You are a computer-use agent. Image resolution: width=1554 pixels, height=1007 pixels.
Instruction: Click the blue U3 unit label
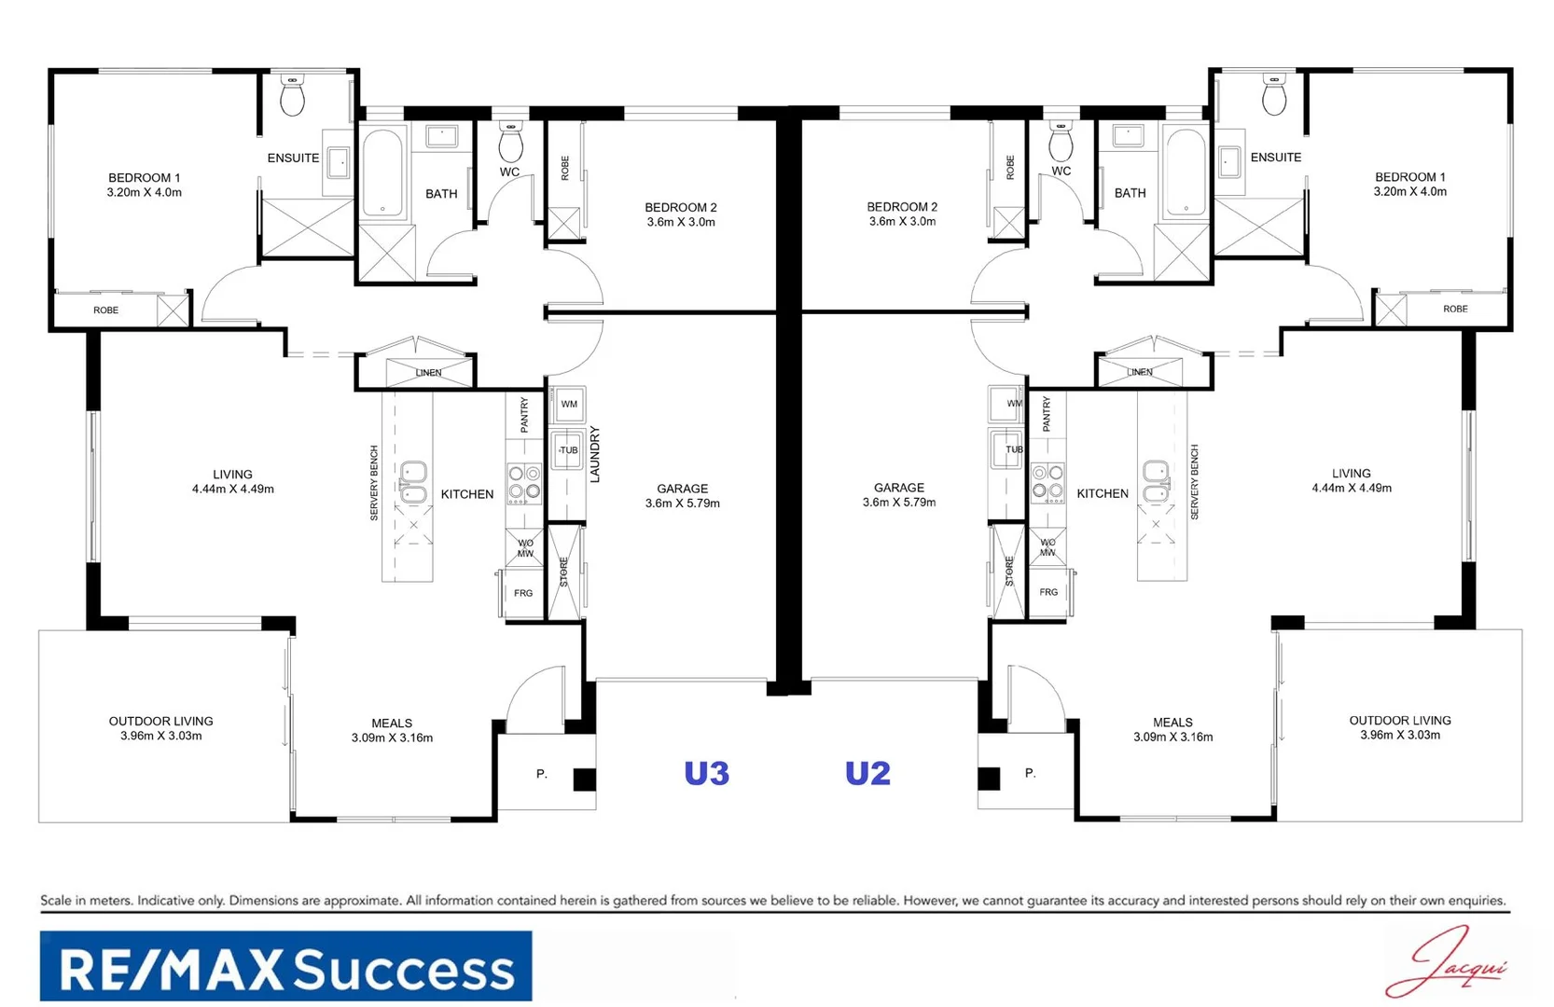coord(706,773)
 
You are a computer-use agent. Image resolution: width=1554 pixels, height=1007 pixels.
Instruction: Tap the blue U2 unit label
coord(867,773)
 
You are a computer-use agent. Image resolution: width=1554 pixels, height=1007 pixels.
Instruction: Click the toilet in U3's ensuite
coord(292,96)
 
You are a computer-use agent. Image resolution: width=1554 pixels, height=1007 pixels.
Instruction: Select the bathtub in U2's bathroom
coord(1186,172)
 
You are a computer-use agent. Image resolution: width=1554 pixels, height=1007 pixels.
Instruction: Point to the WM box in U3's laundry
coord(569,405)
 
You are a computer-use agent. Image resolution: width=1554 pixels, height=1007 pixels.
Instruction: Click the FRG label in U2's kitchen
coord(1048,592)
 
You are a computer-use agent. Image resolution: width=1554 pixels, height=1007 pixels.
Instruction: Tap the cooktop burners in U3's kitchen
coord(524,483)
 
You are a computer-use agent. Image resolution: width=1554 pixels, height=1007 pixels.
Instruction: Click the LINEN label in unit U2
coord(1140,372)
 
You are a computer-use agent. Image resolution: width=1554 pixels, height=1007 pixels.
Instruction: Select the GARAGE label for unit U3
coord(682,489)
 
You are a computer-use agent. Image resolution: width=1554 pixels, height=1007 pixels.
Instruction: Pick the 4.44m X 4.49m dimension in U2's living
coord(1351,488)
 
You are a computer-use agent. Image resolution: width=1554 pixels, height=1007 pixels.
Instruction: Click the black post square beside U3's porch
coord(584,779)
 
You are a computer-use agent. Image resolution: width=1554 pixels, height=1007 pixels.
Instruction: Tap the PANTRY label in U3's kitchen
coord(524,415)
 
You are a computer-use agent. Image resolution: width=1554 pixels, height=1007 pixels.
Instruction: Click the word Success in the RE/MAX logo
coord(406,970)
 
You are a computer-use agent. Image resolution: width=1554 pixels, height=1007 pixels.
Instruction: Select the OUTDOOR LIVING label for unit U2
coord(1399,720)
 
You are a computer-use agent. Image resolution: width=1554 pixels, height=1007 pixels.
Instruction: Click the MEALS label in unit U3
coord(392,723)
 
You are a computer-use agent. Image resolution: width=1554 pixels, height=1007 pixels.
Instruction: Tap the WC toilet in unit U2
coord(1061,143)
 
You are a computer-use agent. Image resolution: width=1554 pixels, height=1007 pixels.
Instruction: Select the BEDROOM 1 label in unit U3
coord(145,177)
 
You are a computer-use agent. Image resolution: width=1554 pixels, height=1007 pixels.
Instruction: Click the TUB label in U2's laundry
coord(1014,449)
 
